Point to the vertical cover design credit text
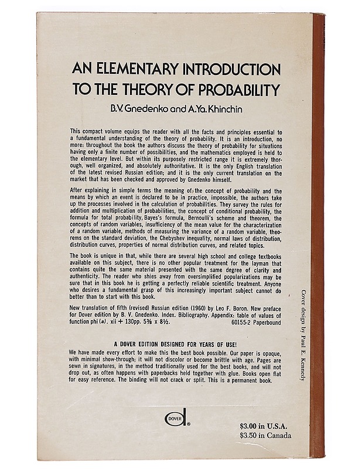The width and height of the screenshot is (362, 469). [x=303, y=335]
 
